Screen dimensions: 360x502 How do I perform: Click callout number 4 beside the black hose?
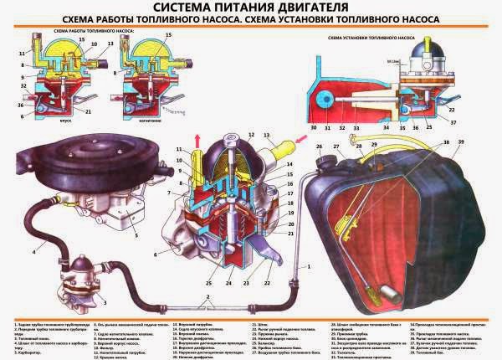pyautogui.click(x=34, y=251)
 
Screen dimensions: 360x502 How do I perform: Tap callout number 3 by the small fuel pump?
pyautogui.click(x=105, y=300)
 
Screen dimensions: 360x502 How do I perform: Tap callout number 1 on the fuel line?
pyautogui.click(x=305, y=266)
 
